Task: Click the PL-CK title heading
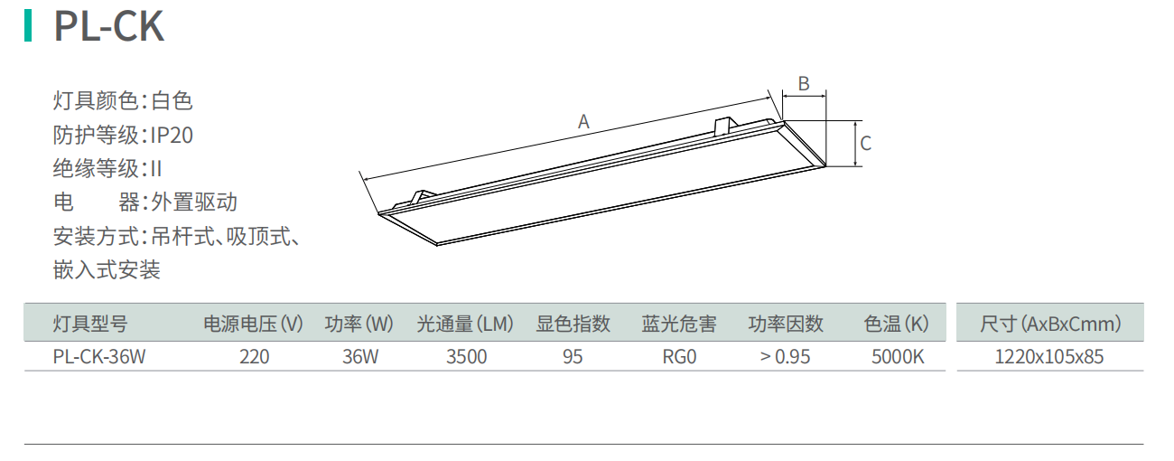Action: [x=108, y=27]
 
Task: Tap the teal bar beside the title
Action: [x=29, y=26]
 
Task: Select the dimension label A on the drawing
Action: [x=584, y=122]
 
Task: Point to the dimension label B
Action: [x=803, y=84]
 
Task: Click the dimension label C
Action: [x=865, y=143]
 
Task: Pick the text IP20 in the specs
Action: [x=172, y=136]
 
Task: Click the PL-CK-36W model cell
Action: [x=99, y=356]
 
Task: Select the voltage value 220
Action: [x=255, y=356]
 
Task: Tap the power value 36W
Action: [x=360, y=356]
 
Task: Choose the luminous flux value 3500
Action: [x=467, y=356]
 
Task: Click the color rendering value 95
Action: [x=573, y=356]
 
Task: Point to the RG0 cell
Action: [x=679, y=356]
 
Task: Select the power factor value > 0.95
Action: [x=785, y=356]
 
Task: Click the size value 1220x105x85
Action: [x=1049, y=356]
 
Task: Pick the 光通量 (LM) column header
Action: [x=465, y=323]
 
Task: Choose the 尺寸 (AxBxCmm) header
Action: [x=1050, y=323]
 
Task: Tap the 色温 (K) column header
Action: [x=896, y=323]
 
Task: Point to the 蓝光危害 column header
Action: [x=679, y=323]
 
